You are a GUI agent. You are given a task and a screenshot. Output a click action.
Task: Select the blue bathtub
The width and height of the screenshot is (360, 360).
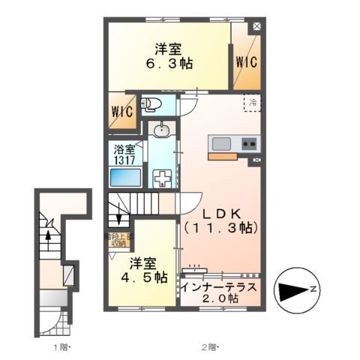pos(123,178)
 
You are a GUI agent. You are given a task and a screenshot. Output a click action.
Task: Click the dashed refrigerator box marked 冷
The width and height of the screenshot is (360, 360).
pos(253,103)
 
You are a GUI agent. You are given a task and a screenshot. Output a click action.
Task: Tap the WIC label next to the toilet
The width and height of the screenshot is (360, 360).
pos(121,110)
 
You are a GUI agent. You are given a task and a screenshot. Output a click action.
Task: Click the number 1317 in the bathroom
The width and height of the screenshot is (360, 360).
pos(124,160)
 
